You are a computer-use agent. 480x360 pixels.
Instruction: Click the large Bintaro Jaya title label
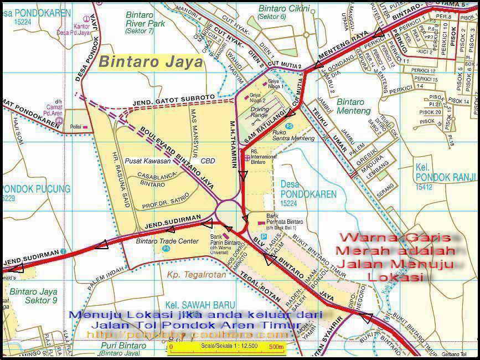click(151, 62)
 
